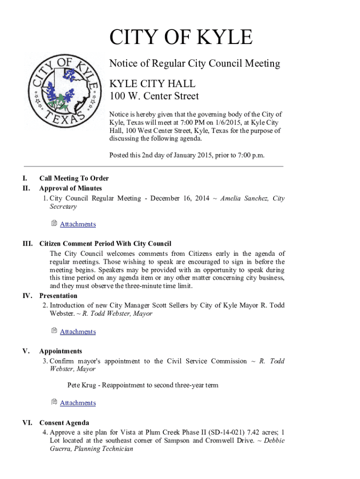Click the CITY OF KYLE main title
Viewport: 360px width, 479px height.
180,37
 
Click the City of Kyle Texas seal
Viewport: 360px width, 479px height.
64,91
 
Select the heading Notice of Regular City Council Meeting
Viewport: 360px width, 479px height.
194,64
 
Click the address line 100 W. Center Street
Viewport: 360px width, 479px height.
154,97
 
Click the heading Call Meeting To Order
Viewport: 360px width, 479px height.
74,178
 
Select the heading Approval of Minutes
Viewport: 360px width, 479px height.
71,188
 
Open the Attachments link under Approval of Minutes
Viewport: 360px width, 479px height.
78,224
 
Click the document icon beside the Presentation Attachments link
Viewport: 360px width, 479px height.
54,331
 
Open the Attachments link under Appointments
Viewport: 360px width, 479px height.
78,403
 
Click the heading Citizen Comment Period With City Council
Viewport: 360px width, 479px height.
105,244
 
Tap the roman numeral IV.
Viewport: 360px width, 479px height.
28,296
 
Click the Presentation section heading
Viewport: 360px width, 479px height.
58,296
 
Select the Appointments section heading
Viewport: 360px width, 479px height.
61,351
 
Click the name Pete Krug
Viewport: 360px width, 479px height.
81,385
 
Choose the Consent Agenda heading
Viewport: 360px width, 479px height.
64,423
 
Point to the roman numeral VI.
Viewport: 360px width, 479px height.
28,423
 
